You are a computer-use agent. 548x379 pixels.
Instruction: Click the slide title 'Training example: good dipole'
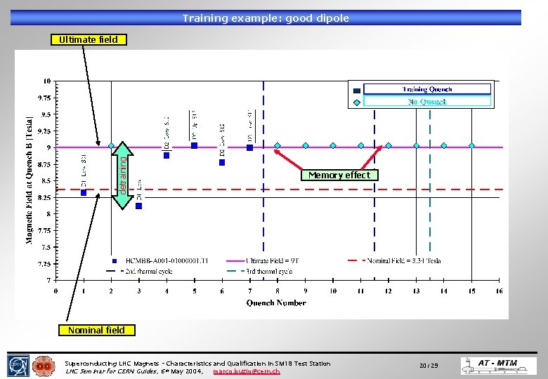(266, 18)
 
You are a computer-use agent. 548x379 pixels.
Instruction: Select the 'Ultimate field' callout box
(89, 39)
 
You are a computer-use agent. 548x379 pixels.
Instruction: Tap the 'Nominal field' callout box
(96, 330)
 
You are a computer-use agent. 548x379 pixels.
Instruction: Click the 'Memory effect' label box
(339, 175)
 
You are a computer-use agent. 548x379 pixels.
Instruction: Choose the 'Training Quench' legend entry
(426, 89)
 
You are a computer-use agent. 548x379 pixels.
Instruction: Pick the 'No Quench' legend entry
(426, 102)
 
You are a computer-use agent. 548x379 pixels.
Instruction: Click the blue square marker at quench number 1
(84, 192)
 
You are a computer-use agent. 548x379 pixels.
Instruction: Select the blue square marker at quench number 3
(139, 206)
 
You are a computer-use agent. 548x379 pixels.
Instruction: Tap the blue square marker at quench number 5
(195, 146)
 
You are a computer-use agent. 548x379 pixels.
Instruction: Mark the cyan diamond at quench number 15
(472, 146)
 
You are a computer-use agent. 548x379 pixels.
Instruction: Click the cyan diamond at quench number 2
(111, 146)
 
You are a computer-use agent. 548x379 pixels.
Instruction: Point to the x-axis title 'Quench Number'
(276, 303)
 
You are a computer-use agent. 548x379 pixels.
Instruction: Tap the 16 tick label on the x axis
(500, 291)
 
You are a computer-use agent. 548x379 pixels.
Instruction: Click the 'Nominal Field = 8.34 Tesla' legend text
(405, 260)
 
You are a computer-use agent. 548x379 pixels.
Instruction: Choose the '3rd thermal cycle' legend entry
(267, 271)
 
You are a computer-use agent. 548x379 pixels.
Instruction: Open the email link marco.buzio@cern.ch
(246, 371)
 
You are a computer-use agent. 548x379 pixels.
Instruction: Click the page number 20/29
(429, 366)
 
